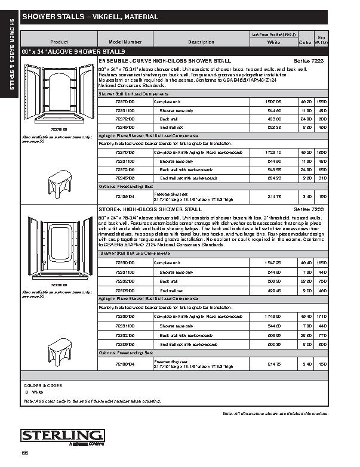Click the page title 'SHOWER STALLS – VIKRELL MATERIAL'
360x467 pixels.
(x=90, y=17)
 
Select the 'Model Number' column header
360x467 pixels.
(x=125, y=42)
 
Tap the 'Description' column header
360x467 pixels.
(x=201, y=42)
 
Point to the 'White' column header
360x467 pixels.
(x=274, y=43)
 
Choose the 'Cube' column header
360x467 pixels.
(x=304, y=43)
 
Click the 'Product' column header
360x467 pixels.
(x=59, y=42)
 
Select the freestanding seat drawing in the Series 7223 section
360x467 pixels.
(x=60, y=178)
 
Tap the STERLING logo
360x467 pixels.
(x=63, y=435)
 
